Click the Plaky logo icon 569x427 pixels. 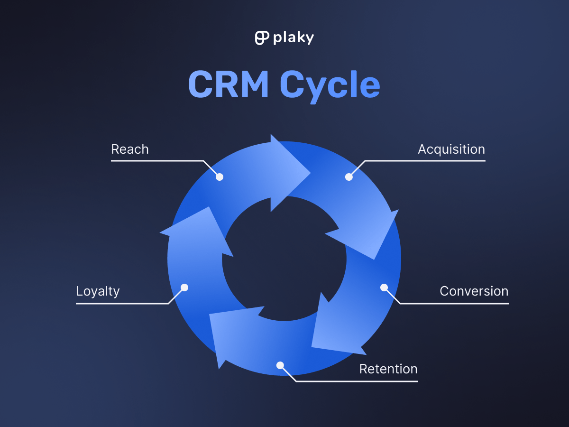click(x=261, y=38)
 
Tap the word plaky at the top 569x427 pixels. click(x=293, y=38)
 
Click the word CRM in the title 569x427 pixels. click(x=229, y=85)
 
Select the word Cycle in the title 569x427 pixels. click(x=330, y=85)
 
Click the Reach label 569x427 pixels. click(x=130, y=149)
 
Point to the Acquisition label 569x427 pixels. click(x=451, y=149)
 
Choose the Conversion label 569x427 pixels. click(x=474, y=291)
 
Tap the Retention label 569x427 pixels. click(x=388, y=369)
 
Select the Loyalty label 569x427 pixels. click(x=98, y=291)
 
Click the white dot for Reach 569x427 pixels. click(x=220, y=177)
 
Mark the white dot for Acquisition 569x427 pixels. click(x=349, y=177)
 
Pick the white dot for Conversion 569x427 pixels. click(x=384, y=288)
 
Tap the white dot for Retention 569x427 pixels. click(x=280, y=365)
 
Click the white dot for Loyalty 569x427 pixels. click(x=185, y=288)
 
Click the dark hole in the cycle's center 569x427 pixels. click(x=284, y=259)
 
